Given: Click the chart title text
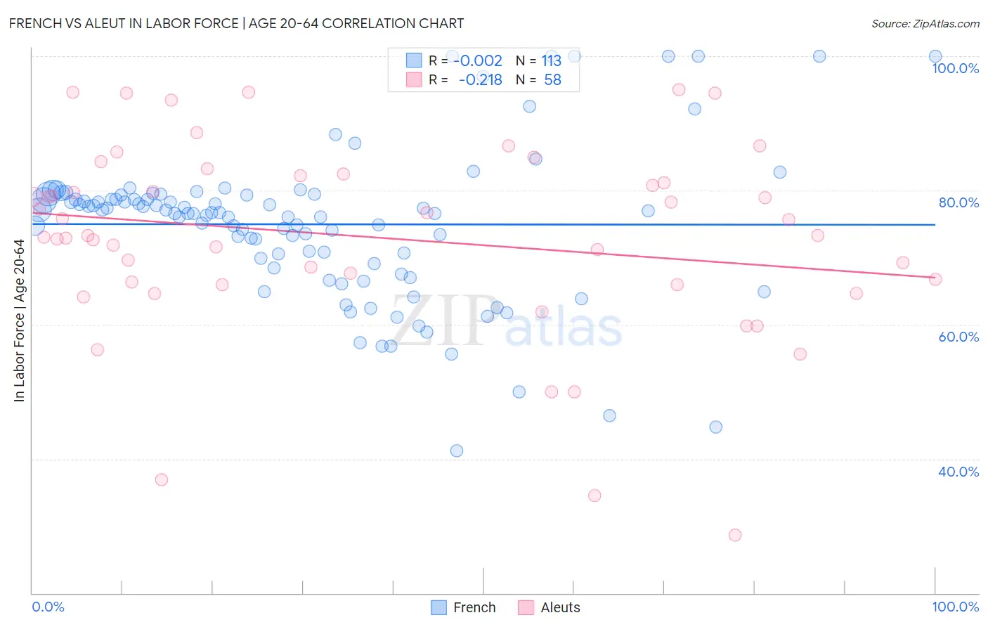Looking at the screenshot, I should click(236, 23).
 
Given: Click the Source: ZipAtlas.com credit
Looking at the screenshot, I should click(925, 23).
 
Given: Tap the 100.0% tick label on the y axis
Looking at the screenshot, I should click(955, 68).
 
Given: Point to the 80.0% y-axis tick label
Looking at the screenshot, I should click(958, 202).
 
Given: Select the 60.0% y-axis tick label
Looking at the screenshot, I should click(958, 337).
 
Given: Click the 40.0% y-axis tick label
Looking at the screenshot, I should click(958, 472).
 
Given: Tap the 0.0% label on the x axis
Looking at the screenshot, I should click(48, 607).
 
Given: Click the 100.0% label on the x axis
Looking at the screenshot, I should click(955, 607).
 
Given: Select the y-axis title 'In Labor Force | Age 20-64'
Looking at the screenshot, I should click(19, 321).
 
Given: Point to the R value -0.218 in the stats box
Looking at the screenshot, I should click(481, 80).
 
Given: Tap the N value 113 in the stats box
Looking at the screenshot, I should click(551, 61).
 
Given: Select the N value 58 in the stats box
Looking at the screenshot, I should click(552, 80).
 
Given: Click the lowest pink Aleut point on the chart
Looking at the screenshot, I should click(735, 535).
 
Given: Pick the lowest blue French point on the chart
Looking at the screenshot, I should click(457, 451).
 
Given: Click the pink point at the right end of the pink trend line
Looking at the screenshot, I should click(935, 279).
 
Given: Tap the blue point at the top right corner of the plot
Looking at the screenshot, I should click(935, 56).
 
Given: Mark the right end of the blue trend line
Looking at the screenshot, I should click(935, 224).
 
